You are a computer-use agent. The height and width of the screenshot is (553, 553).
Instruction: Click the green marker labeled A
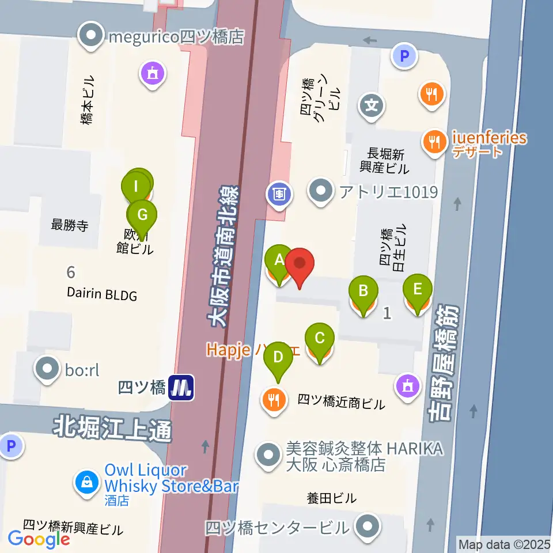tap(279, 260)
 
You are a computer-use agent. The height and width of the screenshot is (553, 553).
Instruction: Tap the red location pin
tap(300, 264)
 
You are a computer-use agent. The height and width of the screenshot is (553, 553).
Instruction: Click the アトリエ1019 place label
tap(388, 192)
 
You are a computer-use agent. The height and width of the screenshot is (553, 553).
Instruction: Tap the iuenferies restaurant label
tap(489, 138)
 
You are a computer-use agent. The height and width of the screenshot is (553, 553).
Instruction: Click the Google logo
tap(39, 539)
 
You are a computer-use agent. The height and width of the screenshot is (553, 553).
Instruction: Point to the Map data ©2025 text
tap(504, 543)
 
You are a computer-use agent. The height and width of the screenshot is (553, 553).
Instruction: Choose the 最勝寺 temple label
tap(70, 225)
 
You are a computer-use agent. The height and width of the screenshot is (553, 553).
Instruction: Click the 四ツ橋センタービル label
tap(277, 527)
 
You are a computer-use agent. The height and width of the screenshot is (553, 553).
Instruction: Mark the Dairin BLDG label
tap(101, 295)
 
